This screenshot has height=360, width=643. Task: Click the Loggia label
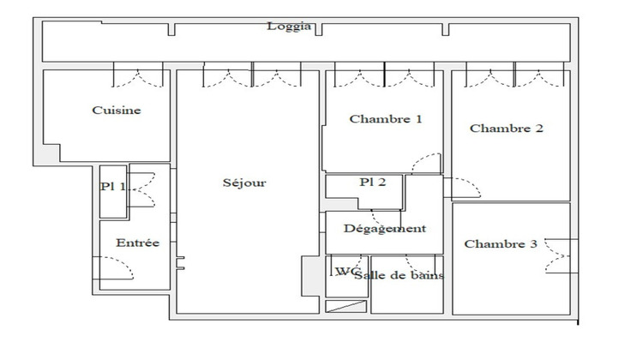pos(289,27)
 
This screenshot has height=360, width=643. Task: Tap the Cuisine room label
pos(117,111)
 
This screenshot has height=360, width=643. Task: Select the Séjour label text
pos(244,183)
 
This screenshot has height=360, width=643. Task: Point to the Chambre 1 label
pos(386,120)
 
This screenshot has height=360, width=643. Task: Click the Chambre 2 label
pos(506,129)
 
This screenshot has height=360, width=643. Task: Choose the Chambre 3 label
pos(501,244)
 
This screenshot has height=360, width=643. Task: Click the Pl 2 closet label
pos(372,182)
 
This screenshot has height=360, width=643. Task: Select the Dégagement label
pos(384,229)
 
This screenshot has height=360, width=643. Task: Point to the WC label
pos(346,272)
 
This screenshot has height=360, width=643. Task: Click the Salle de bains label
pos(399,276)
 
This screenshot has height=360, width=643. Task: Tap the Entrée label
pos(137,243)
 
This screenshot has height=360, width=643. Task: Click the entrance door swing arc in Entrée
pos(120,270)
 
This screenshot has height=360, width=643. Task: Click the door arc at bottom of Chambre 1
pos(426,162)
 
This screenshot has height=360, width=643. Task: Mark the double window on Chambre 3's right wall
pos(558,255)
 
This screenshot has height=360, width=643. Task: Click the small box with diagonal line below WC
pos(346,305)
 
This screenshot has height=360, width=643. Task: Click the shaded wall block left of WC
pos(308,274)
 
